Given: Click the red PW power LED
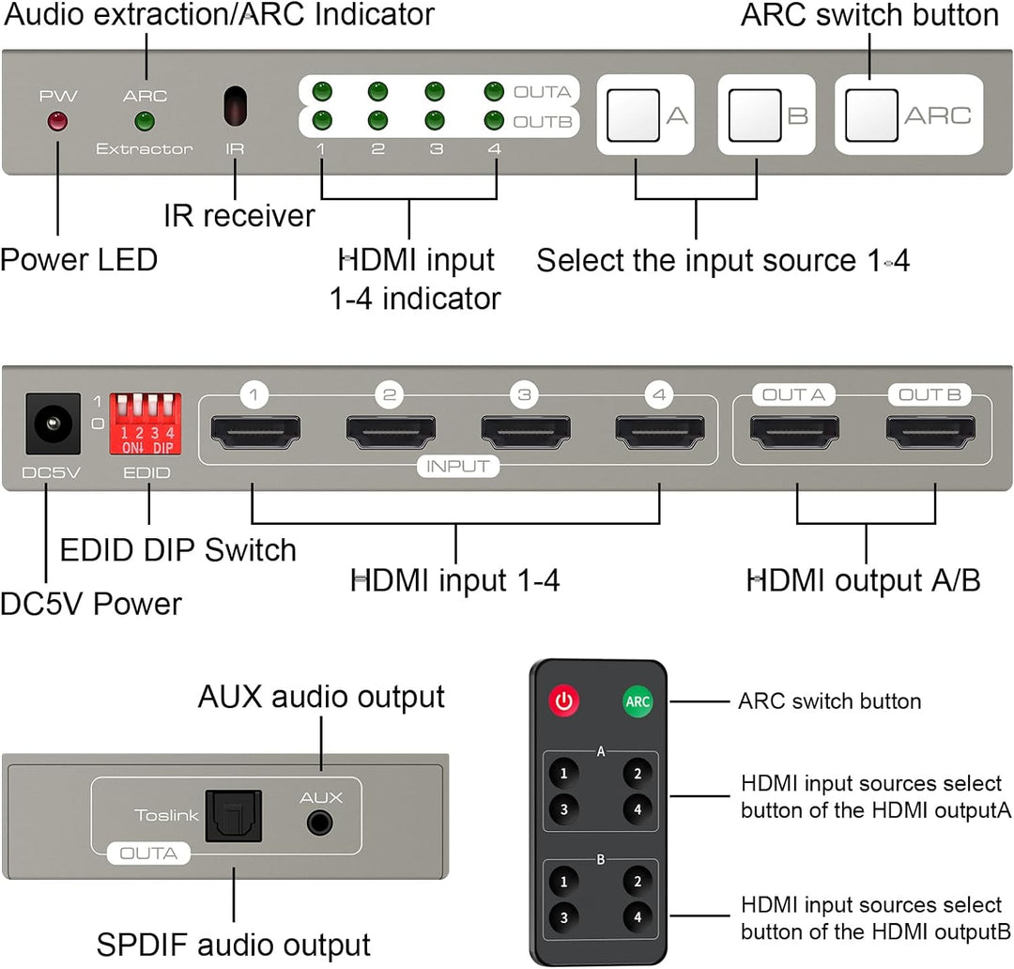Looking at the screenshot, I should click(57, 121).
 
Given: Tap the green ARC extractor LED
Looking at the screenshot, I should click(144, 121).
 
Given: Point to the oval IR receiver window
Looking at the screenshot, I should click(235, 106).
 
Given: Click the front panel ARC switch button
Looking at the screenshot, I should click(871, 115).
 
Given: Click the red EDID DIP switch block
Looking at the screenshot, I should click(144, 420).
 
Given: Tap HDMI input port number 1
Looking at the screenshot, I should click(253, 432).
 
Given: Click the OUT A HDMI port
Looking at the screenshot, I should click(793, 432).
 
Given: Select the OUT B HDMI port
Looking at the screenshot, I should click(929, 432).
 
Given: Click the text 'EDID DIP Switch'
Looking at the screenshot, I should click(177, 550).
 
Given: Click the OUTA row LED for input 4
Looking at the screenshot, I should click(494, 92).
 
